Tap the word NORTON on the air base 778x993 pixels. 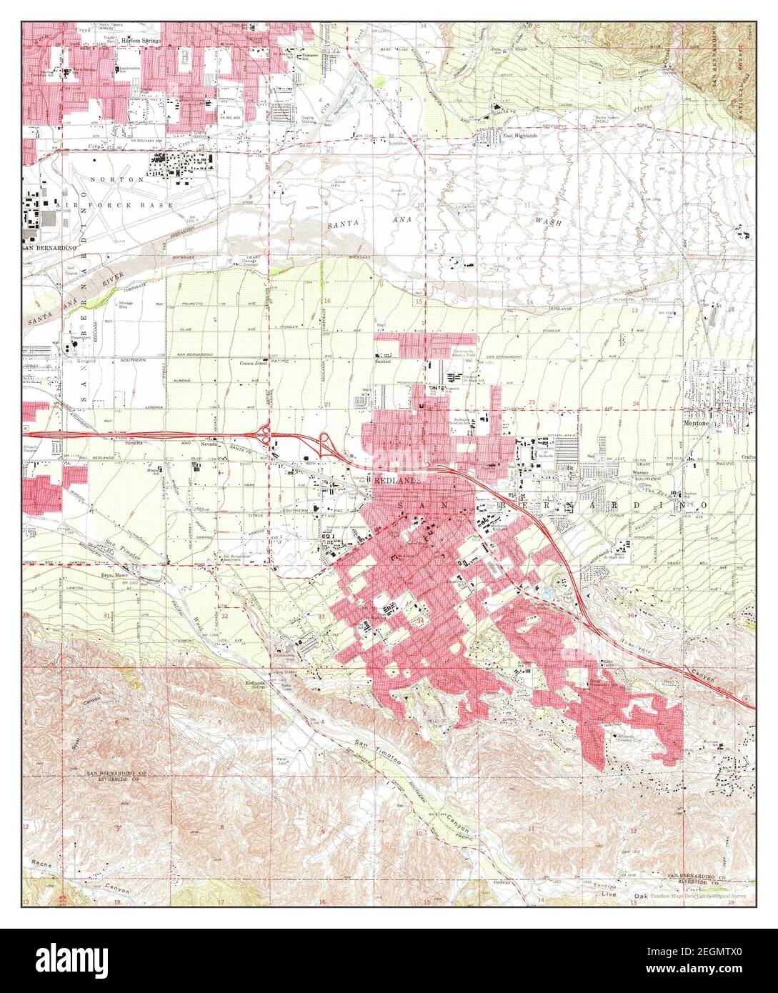(x=123, y=179)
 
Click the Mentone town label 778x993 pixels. (x=697, y=422)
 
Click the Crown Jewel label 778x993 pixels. (x=254, y=363)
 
